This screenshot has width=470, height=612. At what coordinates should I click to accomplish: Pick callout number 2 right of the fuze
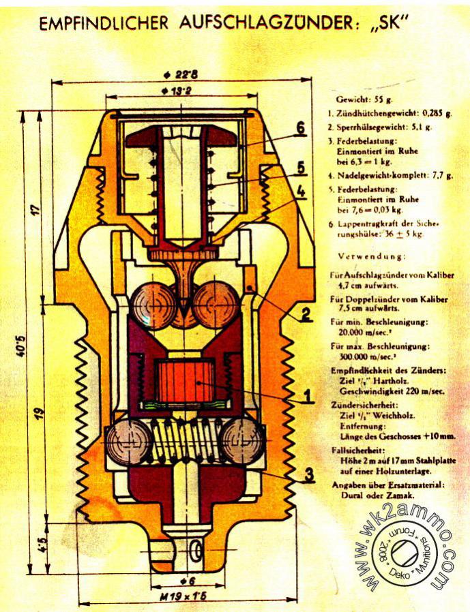307,314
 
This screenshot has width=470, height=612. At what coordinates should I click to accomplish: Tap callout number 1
308,395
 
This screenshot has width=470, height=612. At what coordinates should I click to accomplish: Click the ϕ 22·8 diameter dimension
183,74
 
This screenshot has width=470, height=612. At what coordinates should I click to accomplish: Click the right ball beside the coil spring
243,441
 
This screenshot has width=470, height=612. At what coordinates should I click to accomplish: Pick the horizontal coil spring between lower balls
185,441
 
